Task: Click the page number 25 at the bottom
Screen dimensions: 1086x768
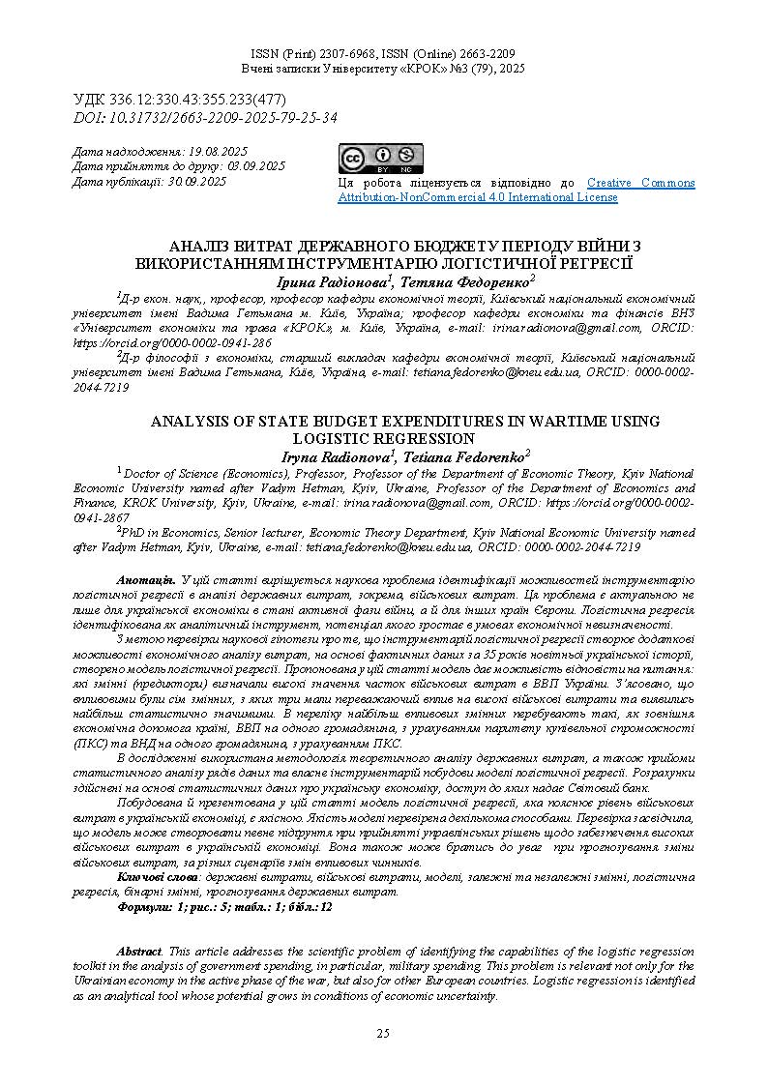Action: [x=383, y=1034]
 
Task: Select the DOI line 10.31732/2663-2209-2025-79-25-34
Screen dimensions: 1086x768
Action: [x=222, y=117]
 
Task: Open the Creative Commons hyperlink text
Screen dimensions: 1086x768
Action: [x=640, y=183]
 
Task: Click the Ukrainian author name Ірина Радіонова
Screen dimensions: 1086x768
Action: [x=331, y=280]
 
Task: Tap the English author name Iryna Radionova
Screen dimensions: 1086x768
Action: [x=332, y=455]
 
